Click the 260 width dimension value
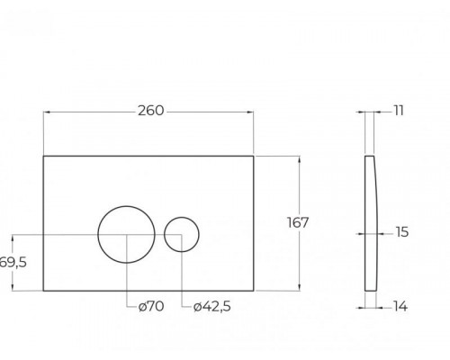tap(151, 111)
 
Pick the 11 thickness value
tap(397, 111)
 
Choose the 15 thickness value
tap(400, 231)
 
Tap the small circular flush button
tap(184, 233)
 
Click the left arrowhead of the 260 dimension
tap(47, 112)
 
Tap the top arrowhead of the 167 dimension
tap(296, 158)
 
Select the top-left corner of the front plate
tap(43, 155)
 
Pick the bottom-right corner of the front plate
tap(256, 290)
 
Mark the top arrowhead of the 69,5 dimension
tap(13, 238)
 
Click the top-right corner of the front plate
tap(256, 155)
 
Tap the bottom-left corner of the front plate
tap(43, 290)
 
